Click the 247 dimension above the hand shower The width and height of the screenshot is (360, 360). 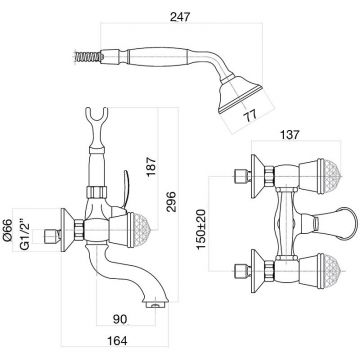[180, 17]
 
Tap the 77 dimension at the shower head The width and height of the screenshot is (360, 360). [250, 115]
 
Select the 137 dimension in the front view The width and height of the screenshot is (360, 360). [289, 135]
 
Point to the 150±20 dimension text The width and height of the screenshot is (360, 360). [201, 229]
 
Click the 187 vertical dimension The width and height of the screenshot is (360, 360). [151, 165]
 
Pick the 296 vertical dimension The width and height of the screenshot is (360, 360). [171, 202]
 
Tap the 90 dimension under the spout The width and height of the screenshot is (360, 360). [120, 319]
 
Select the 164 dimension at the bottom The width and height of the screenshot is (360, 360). [117, 341]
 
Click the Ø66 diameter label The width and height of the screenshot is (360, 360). [7, 230]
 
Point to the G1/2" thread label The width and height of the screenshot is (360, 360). [25, 233]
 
